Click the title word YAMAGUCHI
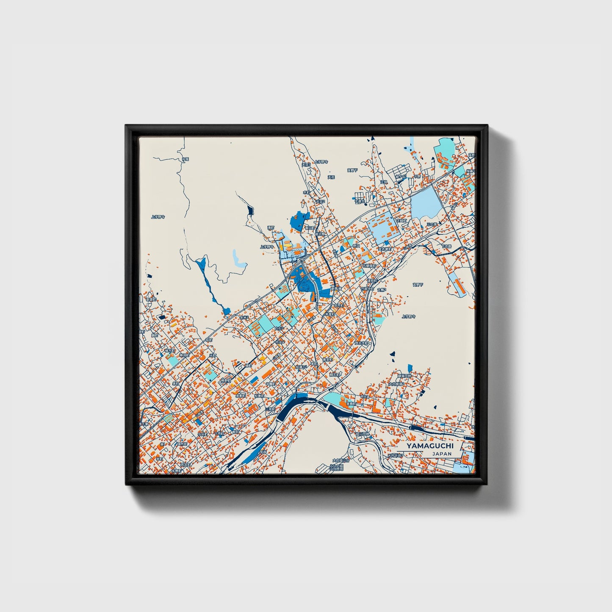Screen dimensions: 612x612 click(x=429, y=446)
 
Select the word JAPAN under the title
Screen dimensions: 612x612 click(x=442, y=454)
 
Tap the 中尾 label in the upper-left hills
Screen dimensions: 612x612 click(x=185, y=159)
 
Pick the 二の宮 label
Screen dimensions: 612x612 click(x=431, y=224)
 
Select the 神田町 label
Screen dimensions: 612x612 click(x=183, y=356)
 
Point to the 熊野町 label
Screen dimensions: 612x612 click(x=225, y=381)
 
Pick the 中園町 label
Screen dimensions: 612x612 click(x=271, y=384)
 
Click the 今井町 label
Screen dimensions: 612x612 click(x=203, y=434)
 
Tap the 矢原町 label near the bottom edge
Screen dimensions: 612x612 click(x=176, y=471)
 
